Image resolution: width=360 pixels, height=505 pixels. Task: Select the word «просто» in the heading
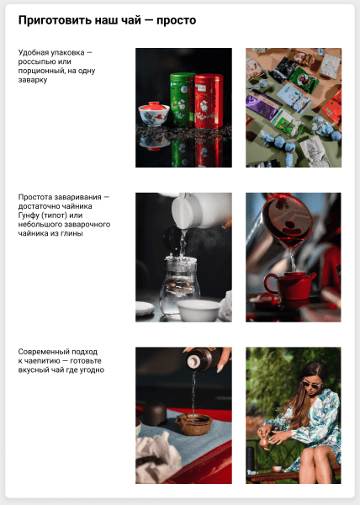tap(177, 20)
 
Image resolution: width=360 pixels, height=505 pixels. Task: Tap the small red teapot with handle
tap(287, 284)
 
